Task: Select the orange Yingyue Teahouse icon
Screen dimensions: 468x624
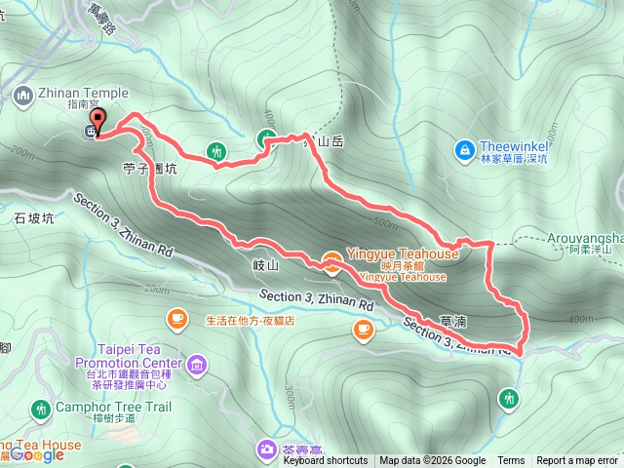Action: click(332, 258)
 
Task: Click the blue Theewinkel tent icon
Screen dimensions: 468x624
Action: click(464, 150)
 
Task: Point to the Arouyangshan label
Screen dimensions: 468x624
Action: click(595, 237)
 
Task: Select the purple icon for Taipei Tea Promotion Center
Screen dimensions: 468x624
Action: click(199, 366)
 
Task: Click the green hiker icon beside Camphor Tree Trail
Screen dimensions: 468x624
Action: click(40, 408)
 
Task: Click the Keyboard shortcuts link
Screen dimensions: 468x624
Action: click(326, 461)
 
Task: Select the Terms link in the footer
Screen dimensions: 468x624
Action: click(511, 461)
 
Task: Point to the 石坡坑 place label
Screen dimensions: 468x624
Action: click(32, 218)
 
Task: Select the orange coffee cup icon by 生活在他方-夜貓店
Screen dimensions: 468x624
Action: click(176, 318)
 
